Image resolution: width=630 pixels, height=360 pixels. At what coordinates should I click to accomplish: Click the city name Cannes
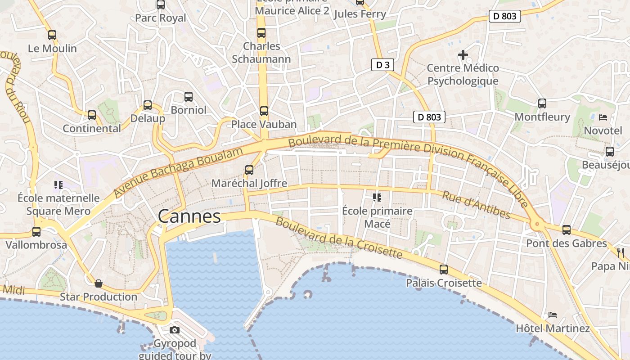[189, 216]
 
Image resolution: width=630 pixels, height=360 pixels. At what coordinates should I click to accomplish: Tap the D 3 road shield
[382, 65]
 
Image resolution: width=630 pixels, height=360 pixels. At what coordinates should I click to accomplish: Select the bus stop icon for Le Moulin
[52, 35]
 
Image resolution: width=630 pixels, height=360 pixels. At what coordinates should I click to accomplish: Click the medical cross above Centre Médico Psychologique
[463, 55]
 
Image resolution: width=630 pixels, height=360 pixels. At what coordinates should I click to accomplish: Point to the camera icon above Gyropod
[175, 330]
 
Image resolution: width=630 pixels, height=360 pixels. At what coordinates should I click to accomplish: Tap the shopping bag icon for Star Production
[99, 283]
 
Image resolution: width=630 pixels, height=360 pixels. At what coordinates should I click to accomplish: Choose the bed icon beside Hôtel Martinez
[553, 315]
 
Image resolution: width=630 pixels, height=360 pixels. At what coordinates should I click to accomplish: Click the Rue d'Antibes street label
[476, 205]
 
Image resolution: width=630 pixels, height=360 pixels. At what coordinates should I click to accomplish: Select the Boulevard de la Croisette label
[338, 238]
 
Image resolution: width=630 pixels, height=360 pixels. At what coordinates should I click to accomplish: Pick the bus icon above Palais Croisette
[444, 270]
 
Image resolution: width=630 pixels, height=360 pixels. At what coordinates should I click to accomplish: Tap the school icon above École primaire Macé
[377, 197]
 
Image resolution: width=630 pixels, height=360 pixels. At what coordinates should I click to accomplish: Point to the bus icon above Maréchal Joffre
[249, 170]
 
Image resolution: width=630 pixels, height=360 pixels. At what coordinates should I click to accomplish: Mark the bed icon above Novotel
[603, 117]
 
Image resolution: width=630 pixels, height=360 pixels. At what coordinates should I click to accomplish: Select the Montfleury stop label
[542, 117]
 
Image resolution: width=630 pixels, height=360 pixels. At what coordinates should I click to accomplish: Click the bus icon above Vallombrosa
[36, 232]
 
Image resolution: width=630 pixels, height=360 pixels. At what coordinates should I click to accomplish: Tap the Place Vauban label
[264, 124]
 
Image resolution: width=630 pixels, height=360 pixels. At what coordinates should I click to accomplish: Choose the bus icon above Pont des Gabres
[567, 230]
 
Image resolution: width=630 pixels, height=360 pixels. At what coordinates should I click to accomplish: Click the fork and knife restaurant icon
[621, 252]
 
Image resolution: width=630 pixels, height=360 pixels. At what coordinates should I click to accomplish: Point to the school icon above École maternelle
[58, 184]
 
